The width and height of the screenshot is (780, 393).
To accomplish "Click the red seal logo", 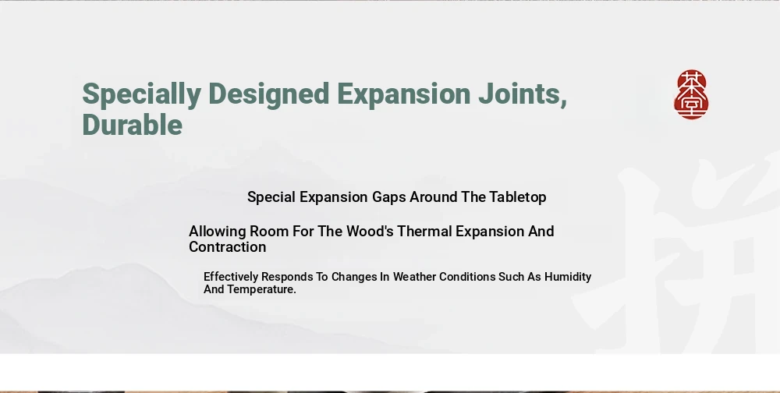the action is (x=691, y=94).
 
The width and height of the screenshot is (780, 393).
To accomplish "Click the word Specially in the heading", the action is (x=142, y=94).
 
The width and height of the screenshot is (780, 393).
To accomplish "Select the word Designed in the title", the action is (x=268, y=94).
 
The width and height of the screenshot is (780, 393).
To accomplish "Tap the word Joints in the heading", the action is (x=523, y=94).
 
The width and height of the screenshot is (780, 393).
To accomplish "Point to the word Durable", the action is (x=133, y=124).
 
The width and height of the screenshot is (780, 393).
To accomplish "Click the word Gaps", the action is (x=389, y=197).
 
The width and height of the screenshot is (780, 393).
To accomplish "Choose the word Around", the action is (x=434, y=197).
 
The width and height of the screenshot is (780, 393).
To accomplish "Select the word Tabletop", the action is (x=518, y=197).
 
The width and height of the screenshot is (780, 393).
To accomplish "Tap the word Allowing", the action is (x=218, y=232).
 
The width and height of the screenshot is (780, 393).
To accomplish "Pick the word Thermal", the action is (x=424, y=232).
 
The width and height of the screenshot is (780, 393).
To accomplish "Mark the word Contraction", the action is (x=227, y=246).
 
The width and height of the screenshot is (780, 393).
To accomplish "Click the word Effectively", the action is (x=231, y=277).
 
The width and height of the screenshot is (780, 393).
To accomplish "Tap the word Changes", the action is (x=354, y=277).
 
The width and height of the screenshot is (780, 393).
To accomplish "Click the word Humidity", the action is (x=568, y=277).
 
